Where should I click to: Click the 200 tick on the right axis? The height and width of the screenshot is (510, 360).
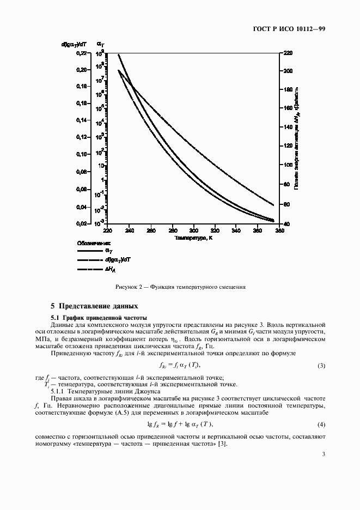[x=288, y=71]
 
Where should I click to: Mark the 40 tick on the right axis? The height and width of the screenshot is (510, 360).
[x=286, y=223]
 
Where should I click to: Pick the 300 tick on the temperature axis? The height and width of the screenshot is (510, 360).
[x=193, y=230]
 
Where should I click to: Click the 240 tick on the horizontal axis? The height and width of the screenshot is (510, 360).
[x=129, y=230]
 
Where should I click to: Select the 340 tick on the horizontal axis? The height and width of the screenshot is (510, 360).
[x=236, y=230]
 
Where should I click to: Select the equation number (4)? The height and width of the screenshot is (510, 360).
[x=321, y=424]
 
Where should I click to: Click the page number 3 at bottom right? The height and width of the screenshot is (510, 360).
[x=323, y=455]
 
